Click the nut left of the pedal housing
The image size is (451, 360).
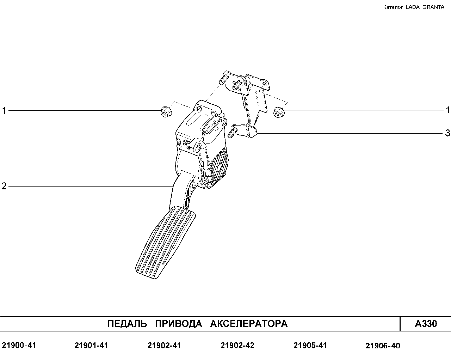click(x=166, y=112)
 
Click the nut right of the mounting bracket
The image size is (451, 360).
click(x=279, y=112)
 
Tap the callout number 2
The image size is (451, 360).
click(x=4, y=186)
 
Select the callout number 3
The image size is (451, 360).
click(x=447, y=133)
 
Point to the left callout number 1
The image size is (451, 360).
click(x=4, y=111)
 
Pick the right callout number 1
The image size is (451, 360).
click(x=448, y=110)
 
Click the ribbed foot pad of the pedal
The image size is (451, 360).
click(x=166, y=243)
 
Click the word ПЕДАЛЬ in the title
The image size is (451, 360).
click(x=128, y=324)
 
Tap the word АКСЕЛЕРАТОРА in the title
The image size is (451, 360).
click(x=249, y=324)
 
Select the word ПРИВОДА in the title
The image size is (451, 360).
click(x=179, y=324)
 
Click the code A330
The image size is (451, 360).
click(x=426, y=324)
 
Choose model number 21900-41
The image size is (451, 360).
click(x=19, y=345)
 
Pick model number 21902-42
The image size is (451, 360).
click(x=237, y=345)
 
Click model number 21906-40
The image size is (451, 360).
click(x=383, y=346)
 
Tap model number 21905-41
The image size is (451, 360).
click(x=310, y=345)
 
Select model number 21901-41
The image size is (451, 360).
click(x=91, y=345)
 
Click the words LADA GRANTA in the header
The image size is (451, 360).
click(x=425, y=7)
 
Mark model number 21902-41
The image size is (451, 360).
click(x=164, y=345)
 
